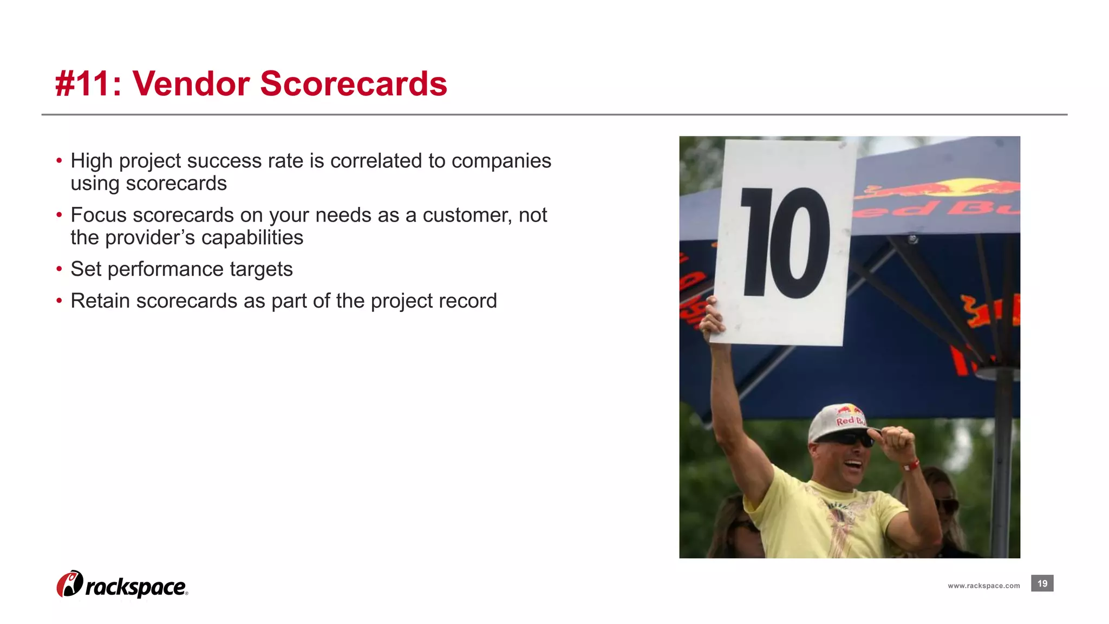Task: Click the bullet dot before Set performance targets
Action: pos(60,269)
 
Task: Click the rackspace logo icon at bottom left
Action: pos(70,584)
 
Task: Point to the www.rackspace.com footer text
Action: pos(983,586)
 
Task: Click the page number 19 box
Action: pos(1042,583)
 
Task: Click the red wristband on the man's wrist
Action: pos(911,465)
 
